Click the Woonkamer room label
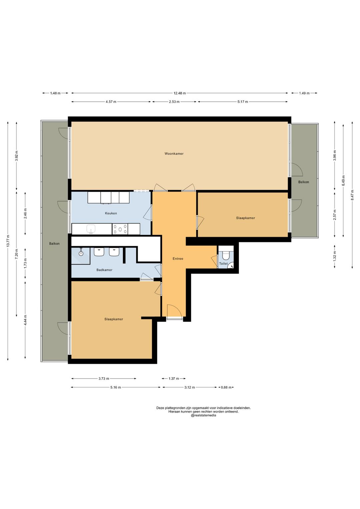[174, 154]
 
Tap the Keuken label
[111, 213]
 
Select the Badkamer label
[104, 270]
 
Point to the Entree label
[178, 259]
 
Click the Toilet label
[223, 264]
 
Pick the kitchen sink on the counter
[91, 229]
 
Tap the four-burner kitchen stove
[120, 229]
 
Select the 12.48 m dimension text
[180, 93]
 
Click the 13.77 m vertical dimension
[8, 241]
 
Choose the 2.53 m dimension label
[174, 102]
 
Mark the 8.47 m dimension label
[352, 195]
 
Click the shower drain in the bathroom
[81, 253]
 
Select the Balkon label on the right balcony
[303, 182]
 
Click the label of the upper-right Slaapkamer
[246, 218]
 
